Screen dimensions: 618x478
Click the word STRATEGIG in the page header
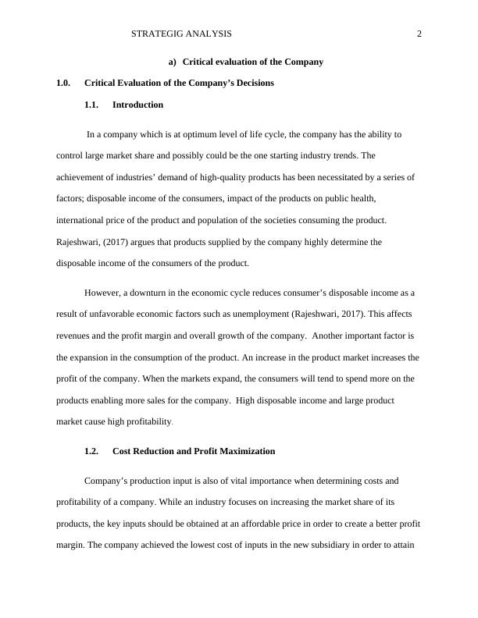click(155, 34)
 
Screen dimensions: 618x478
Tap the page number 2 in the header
click(419, 34)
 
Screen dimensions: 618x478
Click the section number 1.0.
click(64, 83)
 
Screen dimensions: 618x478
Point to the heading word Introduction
click(137, 105)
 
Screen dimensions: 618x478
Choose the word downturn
click(141, 293)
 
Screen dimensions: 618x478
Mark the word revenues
click(74, 336)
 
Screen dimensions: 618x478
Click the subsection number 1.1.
click(92, 105)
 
